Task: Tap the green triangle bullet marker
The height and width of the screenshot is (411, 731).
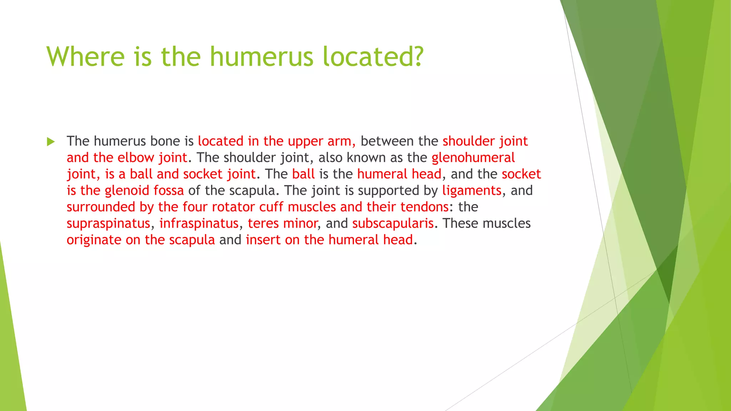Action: tap(51, 142)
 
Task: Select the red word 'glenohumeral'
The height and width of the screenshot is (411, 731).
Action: tap(473, 157)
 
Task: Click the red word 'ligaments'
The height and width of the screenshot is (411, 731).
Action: tap(472, 191)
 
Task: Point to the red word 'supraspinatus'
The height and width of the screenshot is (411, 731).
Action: tap(108, 224)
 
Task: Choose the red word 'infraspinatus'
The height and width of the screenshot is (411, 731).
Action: tap(198, 223)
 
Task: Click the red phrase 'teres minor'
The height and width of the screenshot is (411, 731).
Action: tap(282, 223)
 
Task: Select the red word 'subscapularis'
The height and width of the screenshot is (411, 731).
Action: tap(393, 223)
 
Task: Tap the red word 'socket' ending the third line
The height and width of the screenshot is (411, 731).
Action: tap(521, 174)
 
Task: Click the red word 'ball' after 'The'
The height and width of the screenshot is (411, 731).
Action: tap(303, 174)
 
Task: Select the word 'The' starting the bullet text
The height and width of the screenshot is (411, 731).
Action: tap(78, 141)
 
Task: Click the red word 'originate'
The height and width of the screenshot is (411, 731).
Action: tap(94, 240)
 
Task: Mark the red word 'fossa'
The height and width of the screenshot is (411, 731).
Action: tap(168, 191)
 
